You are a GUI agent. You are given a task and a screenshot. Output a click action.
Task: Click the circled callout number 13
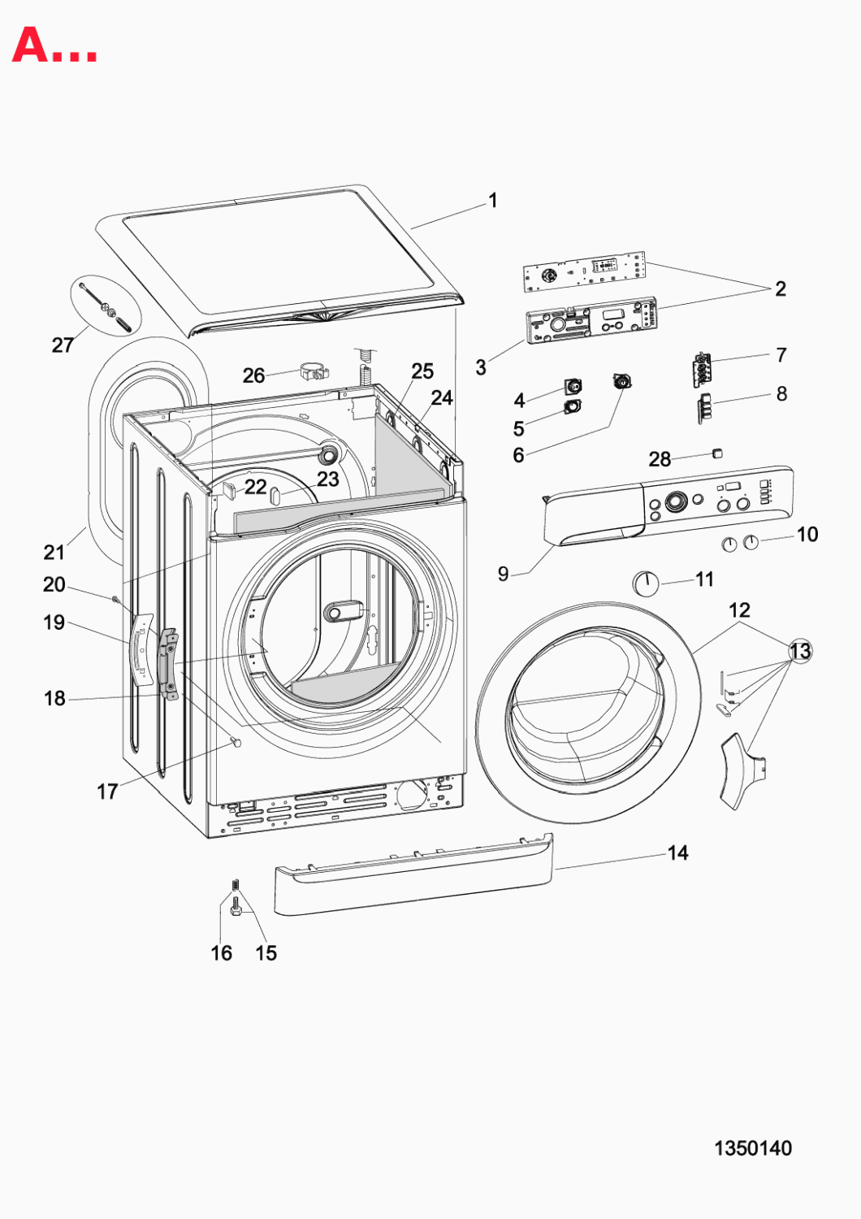(800, 651)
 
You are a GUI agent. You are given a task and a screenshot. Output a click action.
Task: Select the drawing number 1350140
(753, 1148)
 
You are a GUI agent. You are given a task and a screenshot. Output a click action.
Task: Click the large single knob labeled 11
(646, 583)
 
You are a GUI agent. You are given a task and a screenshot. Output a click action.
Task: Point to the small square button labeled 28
(717, 453)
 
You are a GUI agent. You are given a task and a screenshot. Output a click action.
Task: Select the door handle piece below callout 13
(742, 771)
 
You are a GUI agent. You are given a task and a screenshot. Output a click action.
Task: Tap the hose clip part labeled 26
(317, 372)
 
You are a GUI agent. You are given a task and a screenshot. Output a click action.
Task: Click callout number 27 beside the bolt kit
(63, 345)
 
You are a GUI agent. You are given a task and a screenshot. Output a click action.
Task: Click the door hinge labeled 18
(169, 666)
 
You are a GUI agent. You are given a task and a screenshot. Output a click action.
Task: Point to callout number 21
(54, 553)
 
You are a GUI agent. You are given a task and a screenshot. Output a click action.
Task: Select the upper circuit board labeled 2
(583, 271)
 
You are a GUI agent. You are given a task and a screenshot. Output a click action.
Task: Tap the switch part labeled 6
(622, 380)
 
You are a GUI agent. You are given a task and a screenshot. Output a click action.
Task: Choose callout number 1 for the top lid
(493, 201)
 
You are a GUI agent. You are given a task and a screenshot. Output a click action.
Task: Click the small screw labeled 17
(236, 742)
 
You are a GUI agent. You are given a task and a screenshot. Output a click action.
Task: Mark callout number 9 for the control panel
(503, 573)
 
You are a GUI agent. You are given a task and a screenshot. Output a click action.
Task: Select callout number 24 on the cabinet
(442, 398)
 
